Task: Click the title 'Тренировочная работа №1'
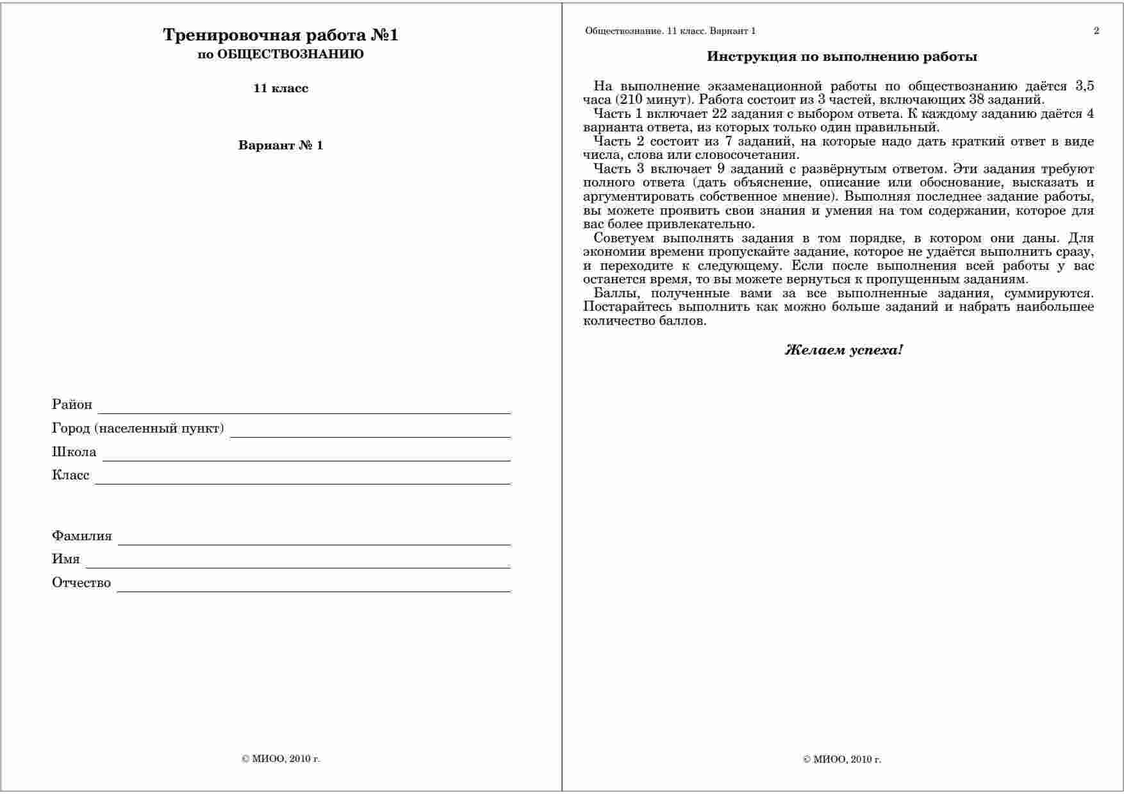pos(281,35)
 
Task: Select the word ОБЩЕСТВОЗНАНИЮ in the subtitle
pos(290,54)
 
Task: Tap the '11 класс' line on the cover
pos(281,88)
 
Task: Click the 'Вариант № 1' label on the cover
pos(281,145)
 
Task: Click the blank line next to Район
pos(304,410)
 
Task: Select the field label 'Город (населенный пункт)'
pos(138,428)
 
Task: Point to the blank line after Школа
pos(306,457)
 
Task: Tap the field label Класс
pos(70,476)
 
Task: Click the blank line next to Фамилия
pos(314,542)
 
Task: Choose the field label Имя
pos(66,559)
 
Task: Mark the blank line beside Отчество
pos(313,588)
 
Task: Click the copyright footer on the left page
pos(281,759)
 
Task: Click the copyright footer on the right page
pos(842,759)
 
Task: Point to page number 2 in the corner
pos(1096,31)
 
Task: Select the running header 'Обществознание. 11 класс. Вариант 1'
pos(670,31)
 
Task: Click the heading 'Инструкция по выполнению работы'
pos(842,56)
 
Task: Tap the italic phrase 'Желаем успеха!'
pos(844,350)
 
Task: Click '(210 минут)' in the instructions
pos(654,100)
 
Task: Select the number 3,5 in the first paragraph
pos(1084,87)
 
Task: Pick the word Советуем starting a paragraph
pos(624,238)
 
